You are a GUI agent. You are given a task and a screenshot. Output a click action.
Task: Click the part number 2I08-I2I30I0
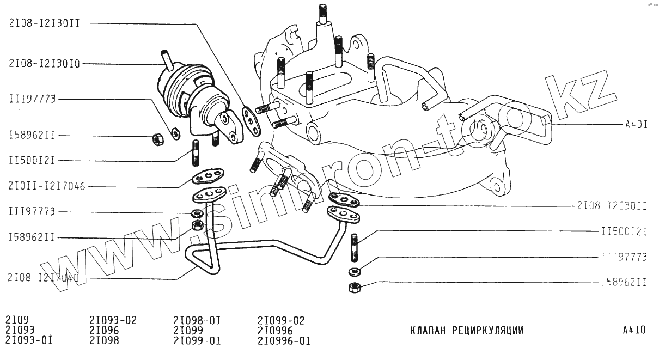click(45, 64)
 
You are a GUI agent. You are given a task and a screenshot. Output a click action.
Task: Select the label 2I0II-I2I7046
click(47, 186)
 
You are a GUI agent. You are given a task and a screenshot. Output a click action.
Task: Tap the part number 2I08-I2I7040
click(44, 278)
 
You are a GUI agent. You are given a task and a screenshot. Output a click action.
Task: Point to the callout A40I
click(636, 124)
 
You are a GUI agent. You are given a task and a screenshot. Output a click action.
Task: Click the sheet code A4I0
click(634, 330)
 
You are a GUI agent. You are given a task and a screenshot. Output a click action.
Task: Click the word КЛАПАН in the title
click(428, 331)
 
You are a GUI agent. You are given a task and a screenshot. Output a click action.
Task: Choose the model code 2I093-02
click(113, 320)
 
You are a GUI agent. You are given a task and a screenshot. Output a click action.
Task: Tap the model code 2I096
click(104, 331)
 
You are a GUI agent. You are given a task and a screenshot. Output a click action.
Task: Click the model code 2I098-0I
click(197, 320)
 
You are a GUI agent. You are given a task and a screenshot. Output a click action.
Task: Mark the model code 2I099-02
click(281, 320)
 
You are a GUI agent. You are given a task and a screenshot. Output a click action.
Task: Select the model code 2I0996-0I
click(284, 341)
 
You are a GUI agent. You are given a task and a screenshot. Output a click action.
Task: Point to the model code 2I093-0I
click(29, 341)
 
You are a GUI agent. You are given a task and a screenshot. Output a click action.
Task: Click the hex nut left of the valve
click(157, 139)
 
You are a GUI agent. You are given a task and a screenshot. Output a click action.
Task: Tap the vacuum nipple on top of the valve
click(165, 59)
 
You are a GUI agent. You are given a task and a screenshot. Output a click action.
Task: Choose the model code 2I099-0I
click(197, 341)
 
